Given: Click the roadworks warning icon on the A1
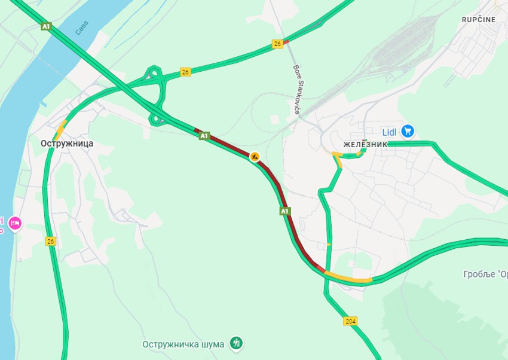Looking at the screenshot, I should coord(255,157).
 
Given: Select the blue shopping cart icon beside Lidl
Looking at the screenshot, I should coord(408,130).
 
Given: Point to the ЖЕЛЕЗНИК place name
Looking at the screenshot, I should coord(365,144).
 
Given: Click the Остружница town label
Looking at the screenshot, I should coord(67,144).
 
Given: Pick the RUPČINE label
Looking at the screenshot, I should coord(478,20).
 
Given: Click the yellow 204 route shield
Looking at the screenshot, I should coord(351,321).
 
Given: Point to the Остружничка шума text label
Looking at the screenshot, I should coord(183,344).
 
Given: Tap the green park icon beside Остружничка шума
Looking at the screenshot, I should coord(238,343).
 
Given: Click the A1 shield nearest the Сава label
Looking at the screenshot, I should coord(46,26).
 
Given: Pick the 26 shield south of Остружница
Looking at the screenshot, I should coord(51,241).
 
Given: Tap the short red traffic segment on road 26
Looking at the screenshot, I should coord(286,41).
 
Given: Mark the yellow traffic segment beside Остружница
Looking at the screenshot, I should coord(61,127).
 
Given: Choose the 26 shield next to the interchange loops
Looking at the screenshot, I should coord(185,72).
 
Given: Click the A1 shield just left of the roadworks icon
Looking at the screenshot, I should coord(204,136).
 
